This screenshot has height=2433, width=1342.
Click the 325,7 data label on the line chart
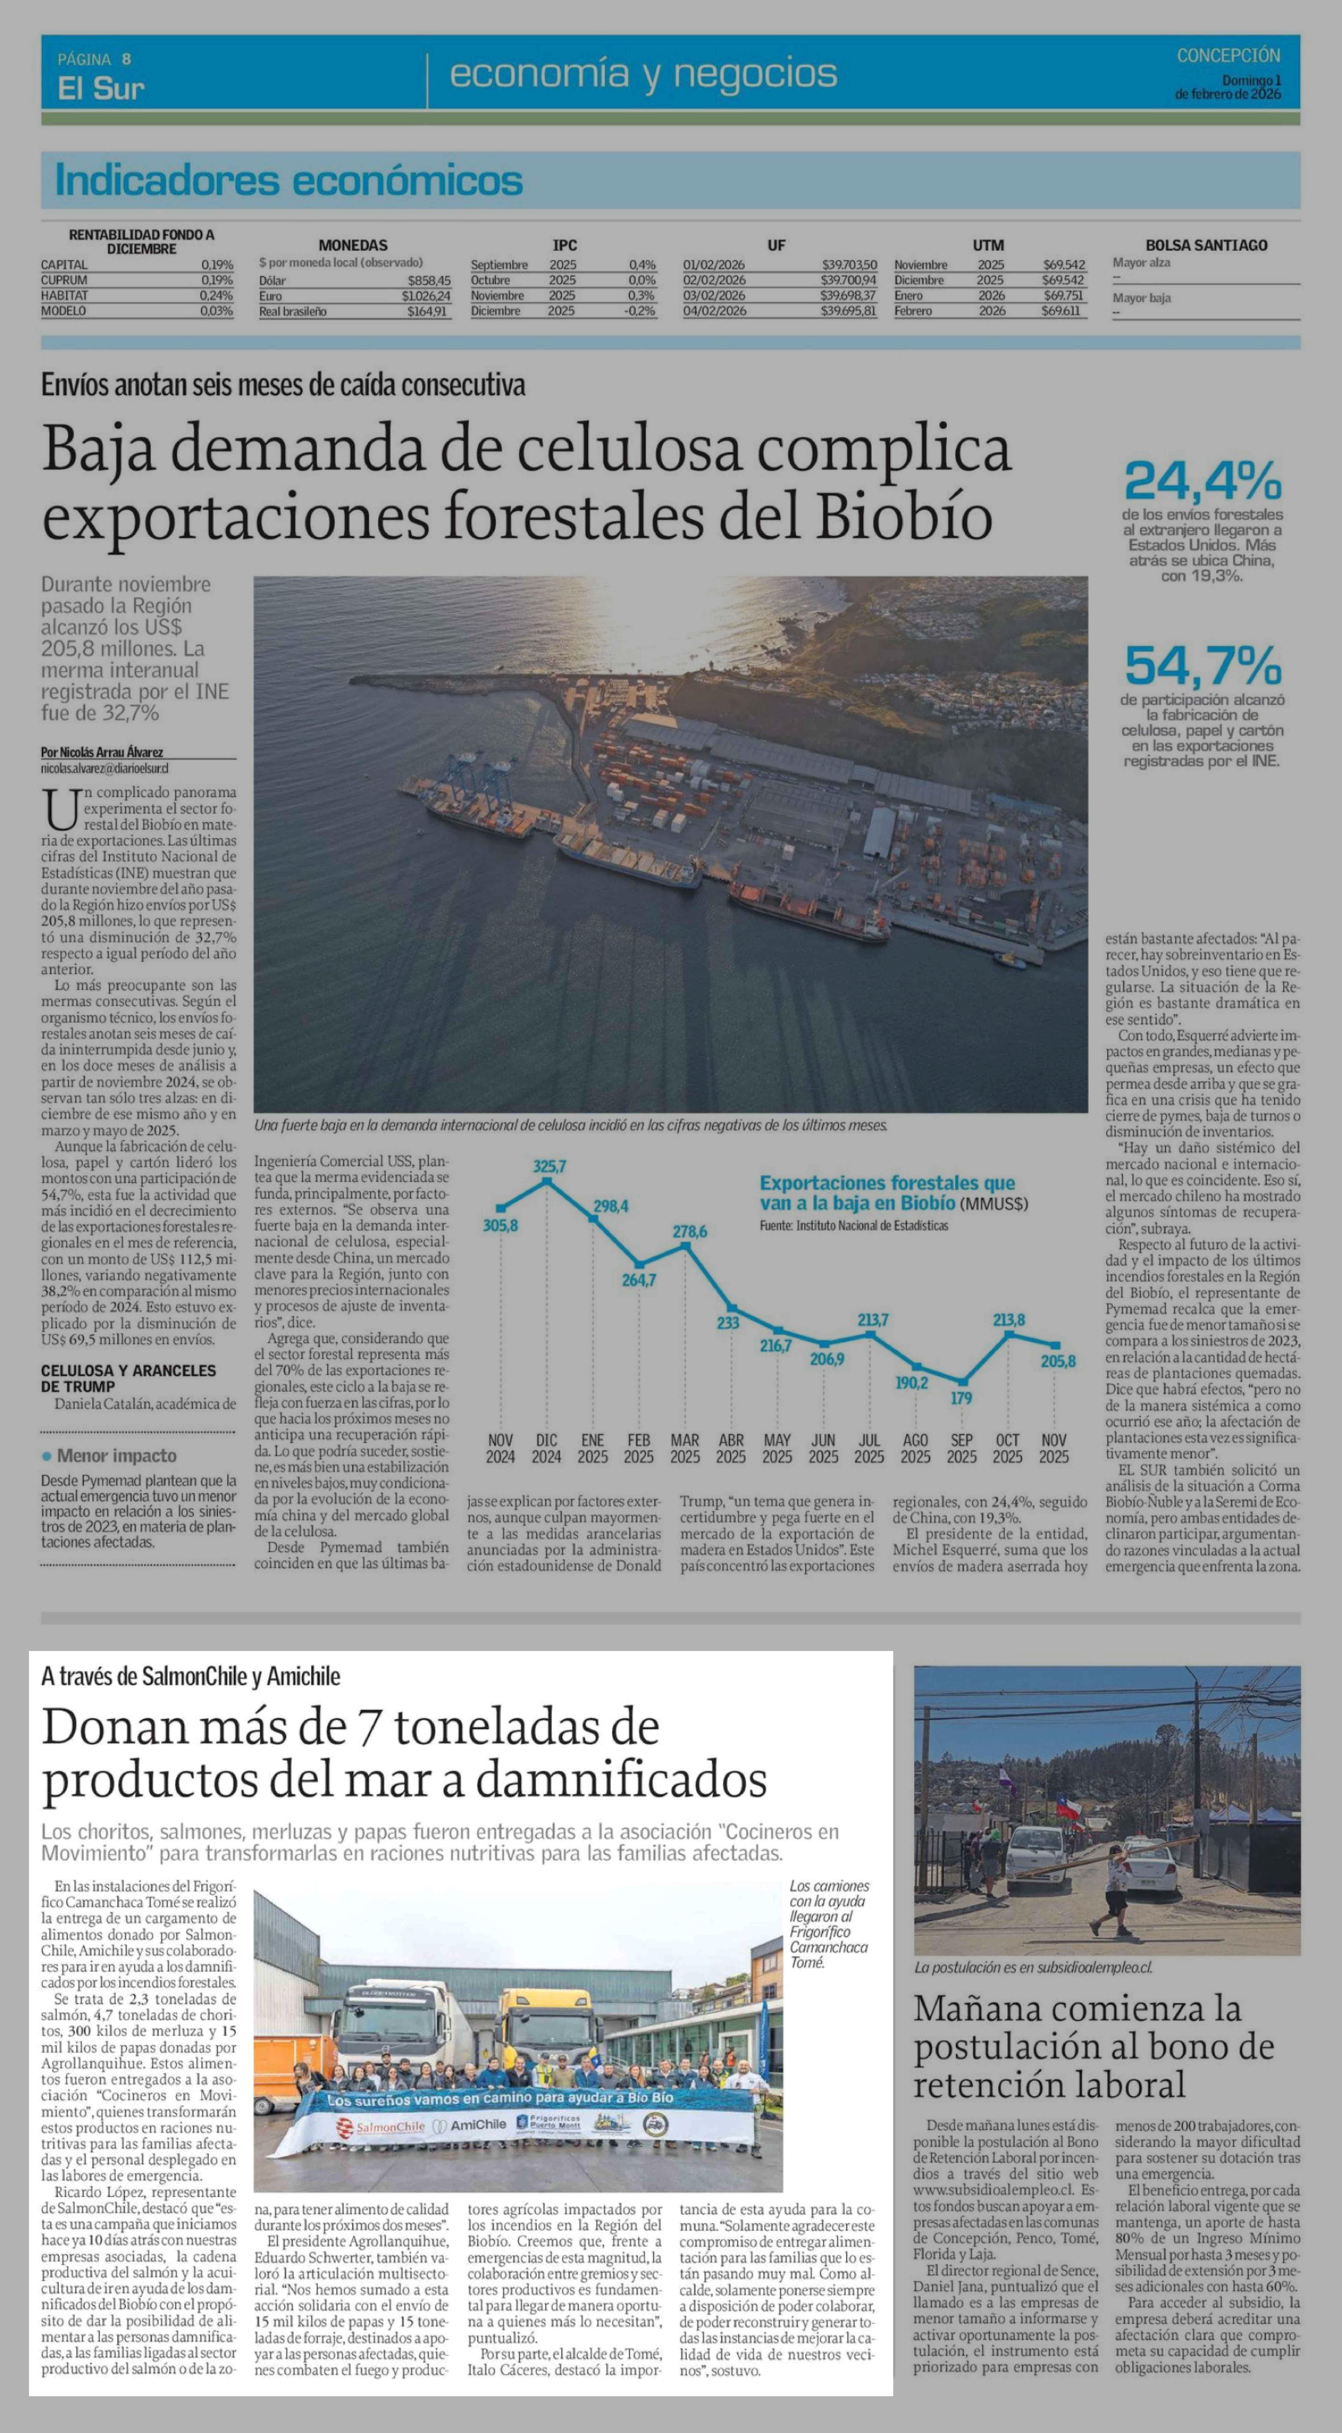(549, 1166)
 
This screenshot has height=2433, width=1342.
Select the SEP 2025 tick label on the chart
(961, 1448)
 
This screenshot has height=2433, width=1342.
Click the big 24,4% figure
(1202, 481)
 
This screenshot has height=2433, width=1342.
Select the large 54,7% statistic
(1202, 666)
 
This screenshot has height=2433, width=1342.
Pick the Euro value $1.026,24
(426, 296)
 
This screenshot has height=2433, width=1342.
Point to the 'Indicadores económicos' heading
(289, 180)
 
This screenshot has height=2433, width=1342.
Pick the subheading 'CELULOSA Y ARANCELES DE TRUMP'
(129, 1378)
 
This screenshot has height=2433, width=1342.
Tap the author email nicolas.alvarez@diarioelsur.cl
(105, 769)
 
